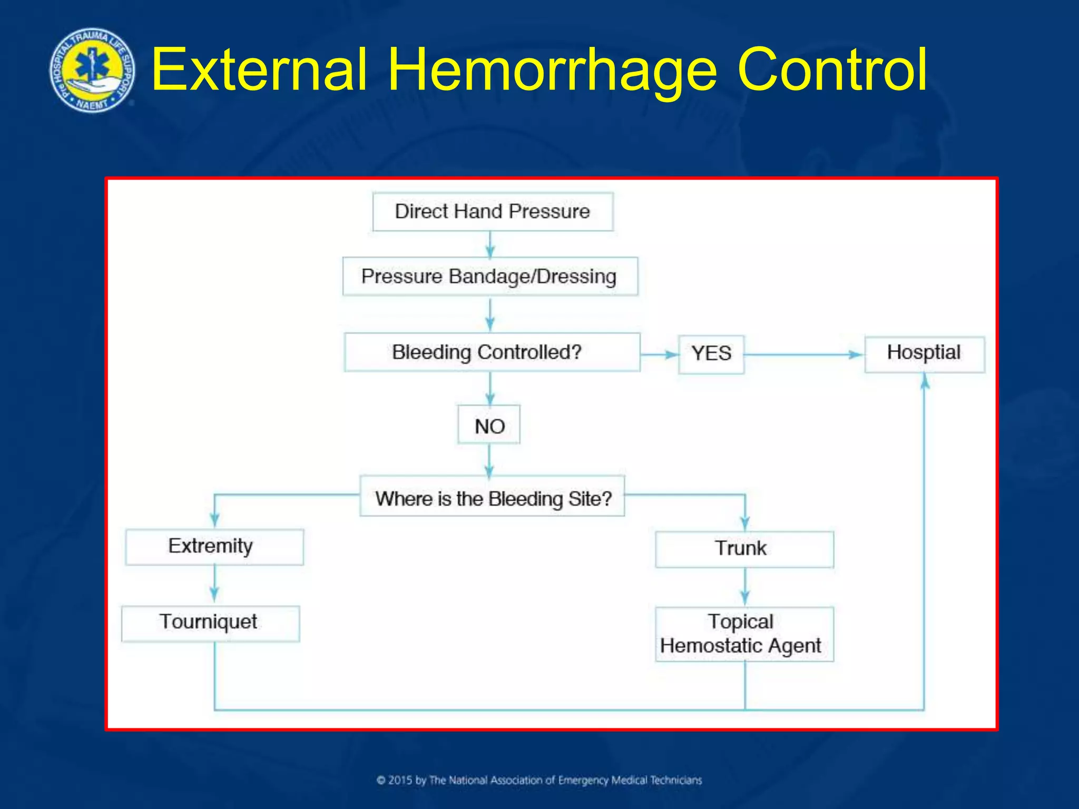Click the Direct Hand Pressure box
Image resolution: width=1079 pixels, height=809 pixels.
pyautogui.click(x=493, y=212)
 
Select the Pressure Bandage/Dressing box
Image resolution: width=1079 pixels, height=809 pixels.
pyautogui.click(x=490, y=277)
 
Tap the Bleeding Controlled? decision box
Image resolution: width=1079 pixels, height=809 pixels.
pyautogui.click(x=492, y=352)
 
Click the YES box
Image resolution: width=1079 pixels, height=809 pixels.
pyautogui.click(x=711, y=354)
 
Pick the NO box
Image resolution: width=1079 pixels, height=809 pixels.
pyautogui.click(x=489, y=425)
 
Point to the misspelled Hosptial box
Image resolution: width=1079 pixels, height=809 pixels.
pyautogui.click(x=924, y=353)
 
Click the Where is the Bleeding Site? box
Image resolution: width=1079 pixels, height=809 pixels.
pyautogui.click(x=493, y=497)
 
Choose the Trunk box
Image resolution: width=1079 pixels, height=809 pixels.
pyautogui.click(x=744, y=549)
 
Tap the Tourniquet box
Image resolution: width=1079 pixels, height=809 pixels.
pyautogui.click(x=210, y=623)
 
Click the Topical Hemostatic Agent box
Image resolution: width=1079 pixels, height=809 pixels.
pyautogui.click(x=744, y=634)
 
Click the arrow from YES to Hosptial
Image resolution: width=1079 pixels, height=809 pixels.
pyautogui.click(x=803, y=354)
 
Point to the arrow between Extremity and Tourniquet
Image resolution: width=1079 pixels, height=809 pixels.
pyautogui.click(x=214, y=585)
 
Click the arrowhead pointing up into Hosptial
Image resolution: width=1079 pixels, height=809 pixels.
pyautogui.click(x=925, y=381)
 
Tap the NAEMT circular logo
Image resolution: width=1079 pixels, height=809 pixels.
pyautogui.click(x=92, y=71)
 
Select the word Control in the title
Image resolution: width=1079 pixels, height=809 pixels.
pyautogui.click(x=831, y=70)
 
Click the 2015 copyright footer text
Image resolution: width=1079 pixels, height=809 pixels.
pyautogui.click(x=539, y=780)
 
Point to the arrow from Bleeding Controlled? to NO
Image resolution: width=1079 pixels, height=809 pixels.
pyautogui.click(x=490, y=388)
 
